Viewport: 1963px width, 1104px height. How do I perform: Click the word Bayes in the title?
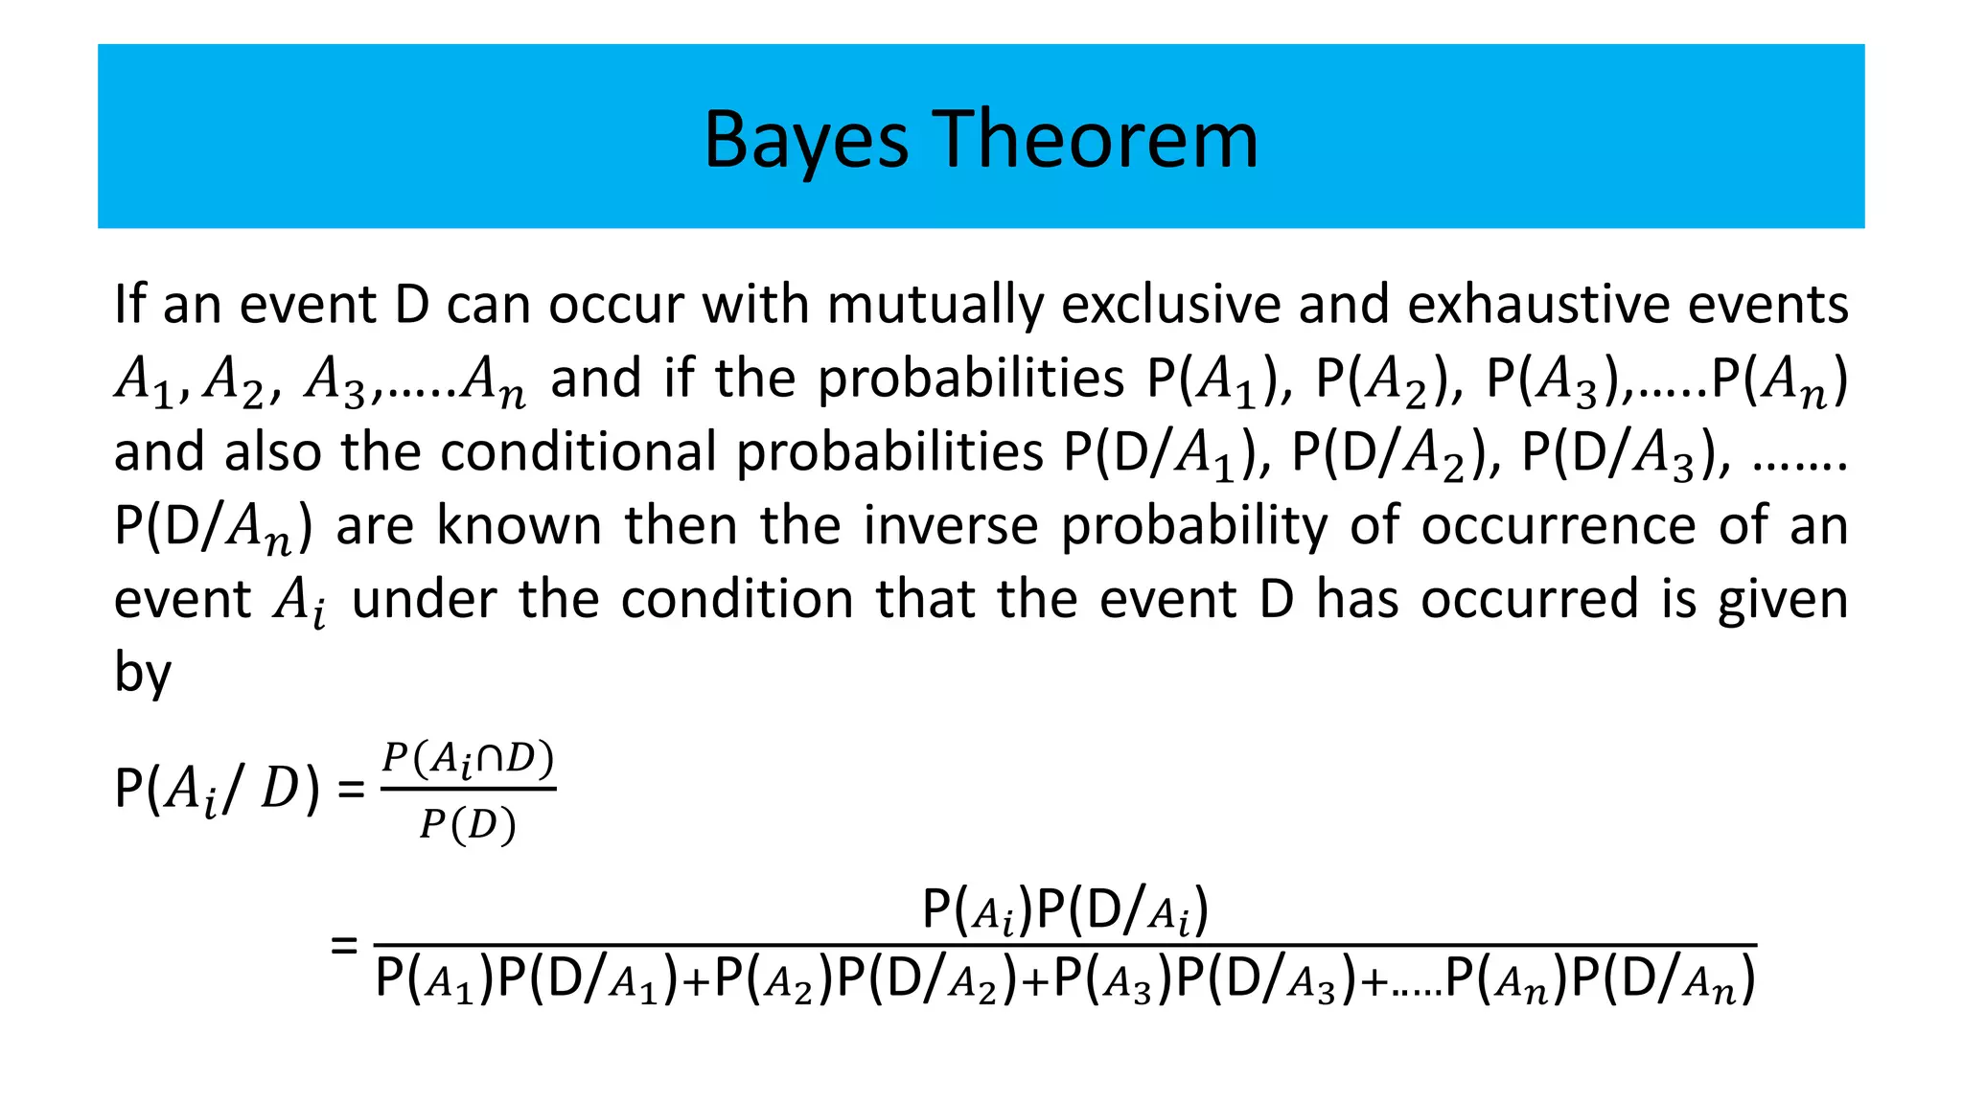point(805,141)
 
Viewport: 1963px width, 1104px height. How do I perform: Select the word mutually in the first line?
point(935,306)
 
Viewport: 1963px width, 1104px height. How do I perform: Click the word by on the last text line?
point(142,672)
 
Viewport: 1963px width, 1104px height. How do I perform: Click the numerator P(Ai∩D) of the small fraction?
point(468,760)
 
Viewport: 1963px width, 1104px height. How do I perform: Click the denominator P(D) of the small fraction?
point(468,824)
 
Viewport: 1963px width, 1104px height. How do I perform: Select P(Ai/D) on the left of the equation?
point(217,791)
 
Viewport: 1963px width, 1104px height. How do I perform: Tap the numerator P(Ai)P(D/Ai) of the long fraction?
point(1064,910)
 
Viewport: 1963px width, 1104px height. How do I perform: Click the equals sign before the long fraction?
point(343,946)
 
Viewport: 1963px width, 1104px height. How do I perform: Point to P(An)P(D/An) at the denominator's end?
point(1600,980)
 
